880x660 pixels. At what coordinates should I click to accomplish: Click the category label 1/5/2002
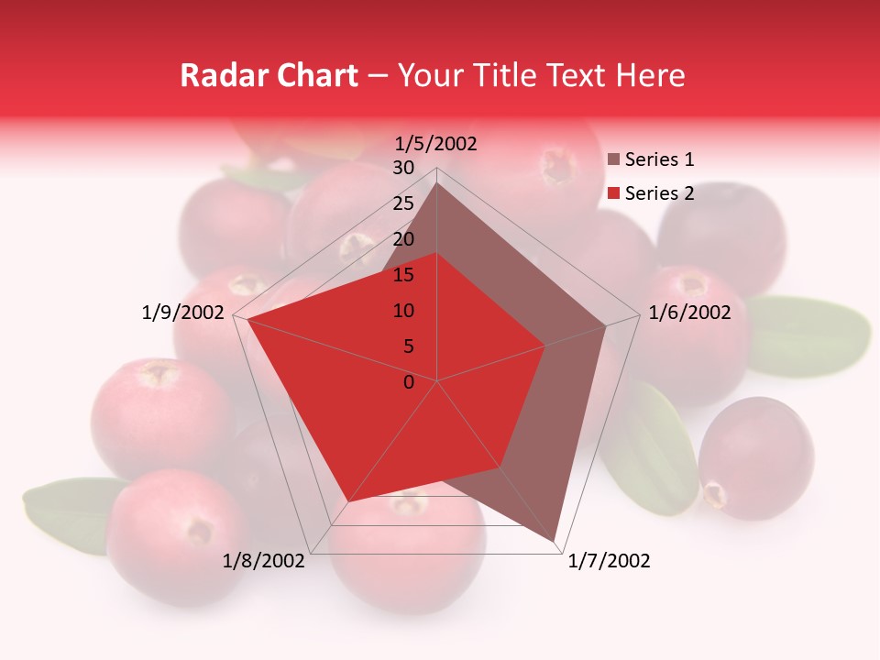(x=435, y=143)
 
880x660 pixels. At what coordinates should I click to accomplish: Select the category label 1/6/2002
(x=689, y=313)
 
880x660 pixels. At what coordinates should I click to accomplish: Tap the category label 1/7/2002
(x=609, y=561)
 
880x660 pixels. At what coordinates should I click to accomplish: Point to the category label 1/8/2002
(x=263, y=561)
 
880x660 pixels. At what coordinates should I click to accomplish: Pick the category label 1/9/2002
(x=183, y=313)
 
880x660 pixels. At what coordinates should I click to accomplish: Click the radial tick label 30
(x=403, y=168)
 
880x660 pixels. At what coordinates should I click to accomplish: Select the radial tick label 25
(x=403, y=203)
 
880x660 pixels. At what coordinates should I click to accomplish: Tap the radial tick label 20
(x=403, y=239)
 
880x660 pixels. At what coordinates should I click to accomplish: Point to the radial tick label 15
(x=403, y=275)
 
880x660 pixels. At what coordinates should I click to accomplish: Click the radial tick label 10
(x=403, y=311)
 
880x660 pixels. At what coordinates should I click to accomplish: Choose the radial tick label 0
(x=409, y=382)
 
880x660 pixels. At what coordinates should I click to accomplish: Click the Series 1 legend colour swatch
(x=614, y=160)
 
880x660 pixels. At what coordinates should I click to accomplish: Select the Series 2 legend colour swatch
(x=614, y=193)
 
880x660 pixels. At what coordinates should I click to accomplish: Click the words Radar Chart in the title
(x=269, y=75)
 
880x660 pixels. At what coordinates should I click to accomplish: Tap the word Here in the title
(x=650, y=75)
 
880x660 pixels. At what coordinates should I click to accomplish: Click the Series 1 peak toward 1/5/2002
(x=437, y=182)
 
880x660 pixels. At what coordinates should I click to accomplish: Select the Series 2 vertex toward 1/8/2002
(x=347, y=503)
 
